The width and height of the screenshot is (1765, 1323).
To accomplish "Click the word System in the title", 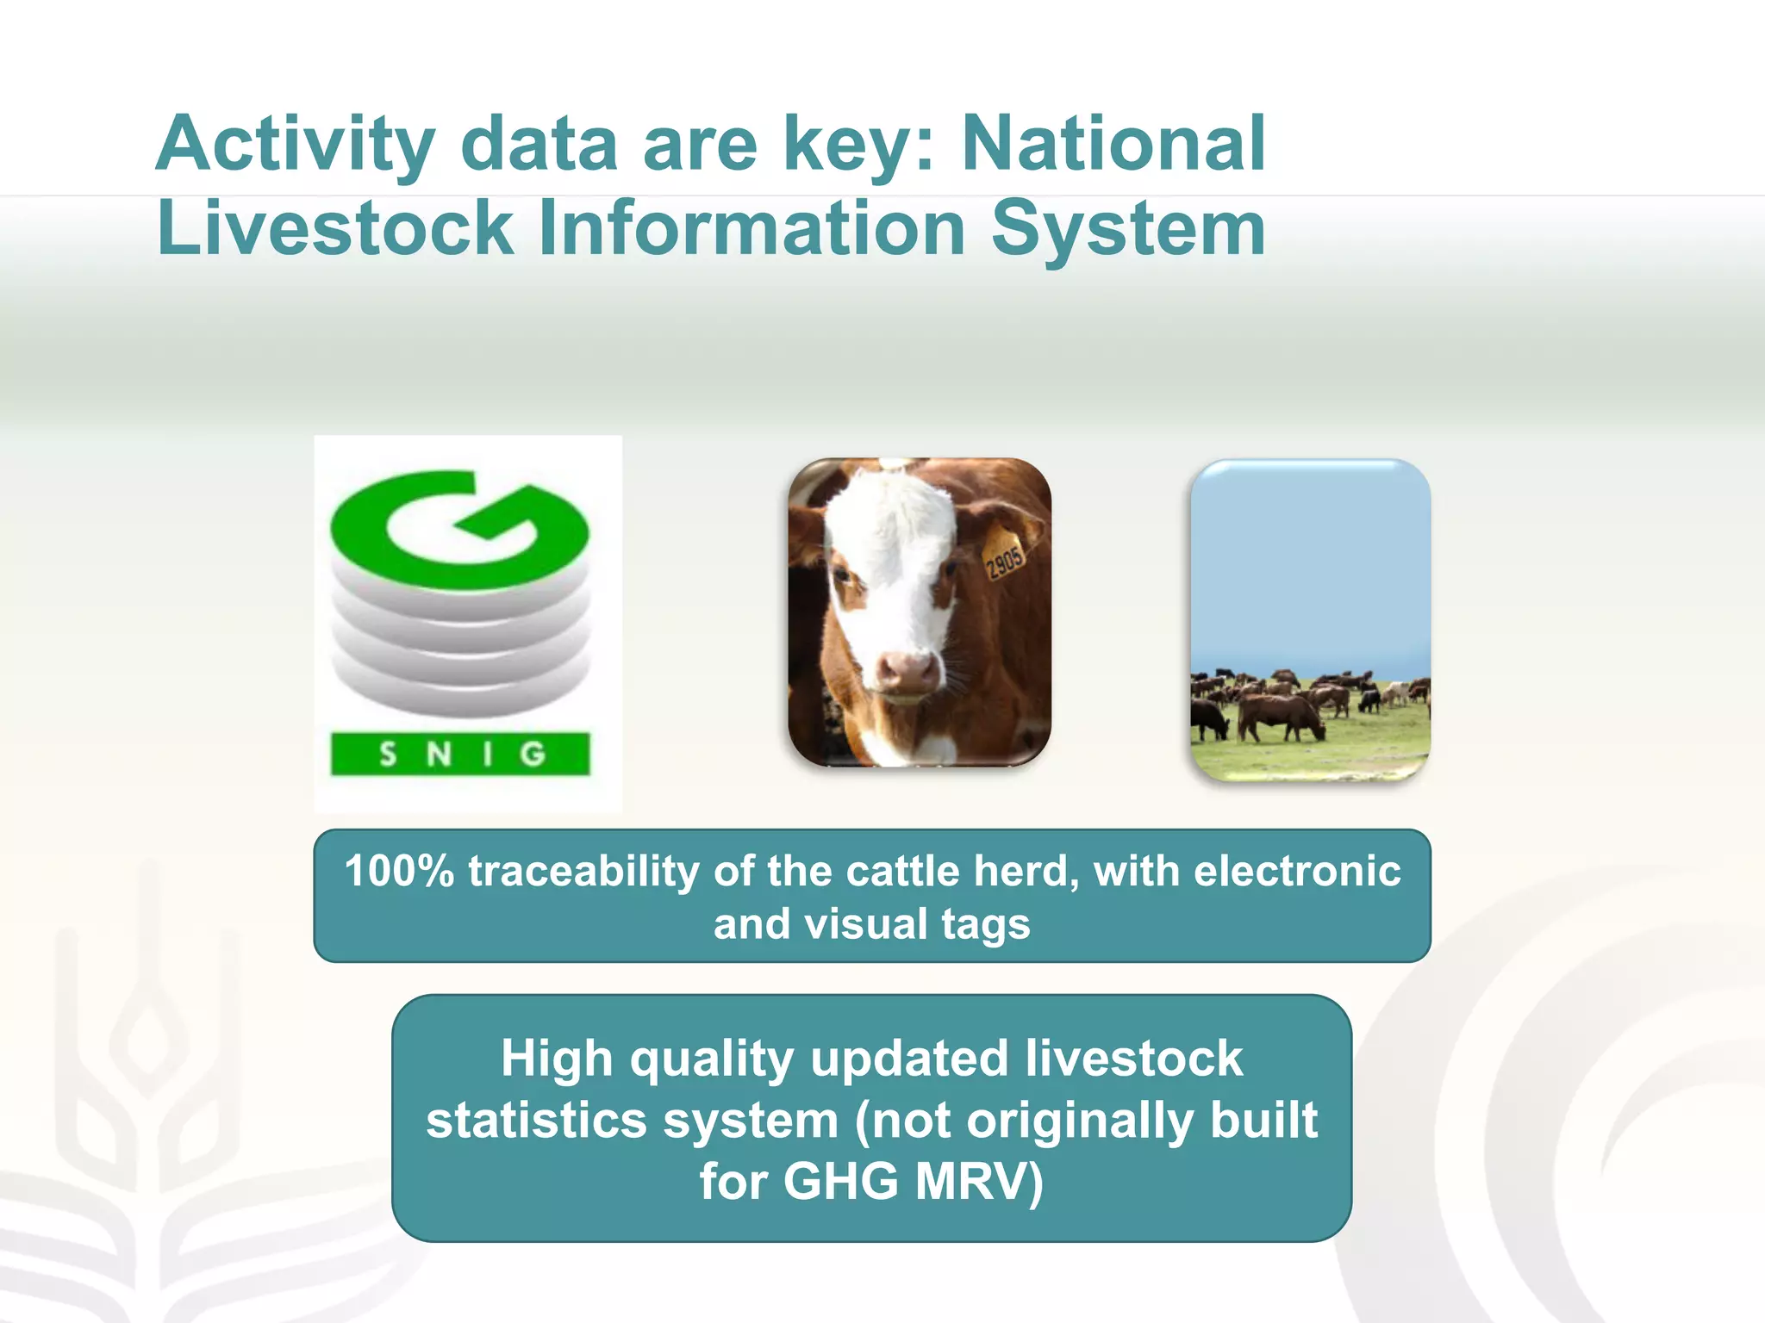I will [x=1128, y=229].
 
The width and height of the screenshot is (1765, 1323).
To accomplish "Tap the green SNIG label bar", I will [x=460, y=754].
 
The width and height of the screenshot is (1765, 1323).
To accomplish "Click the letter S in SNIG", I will [x=388, y=755].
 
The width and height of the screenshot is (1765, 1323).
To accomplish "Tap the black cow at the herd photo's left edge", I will [x=1208, y=719].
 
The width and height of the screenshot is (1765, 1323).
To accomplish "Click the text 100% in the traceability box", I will [x=399, y=871].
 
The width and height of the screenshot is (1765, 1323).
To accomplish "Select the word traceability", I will [x=583, y=871].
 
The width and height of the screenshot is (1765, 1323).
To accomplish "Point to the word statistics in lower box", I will [x=535, y=1120].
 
